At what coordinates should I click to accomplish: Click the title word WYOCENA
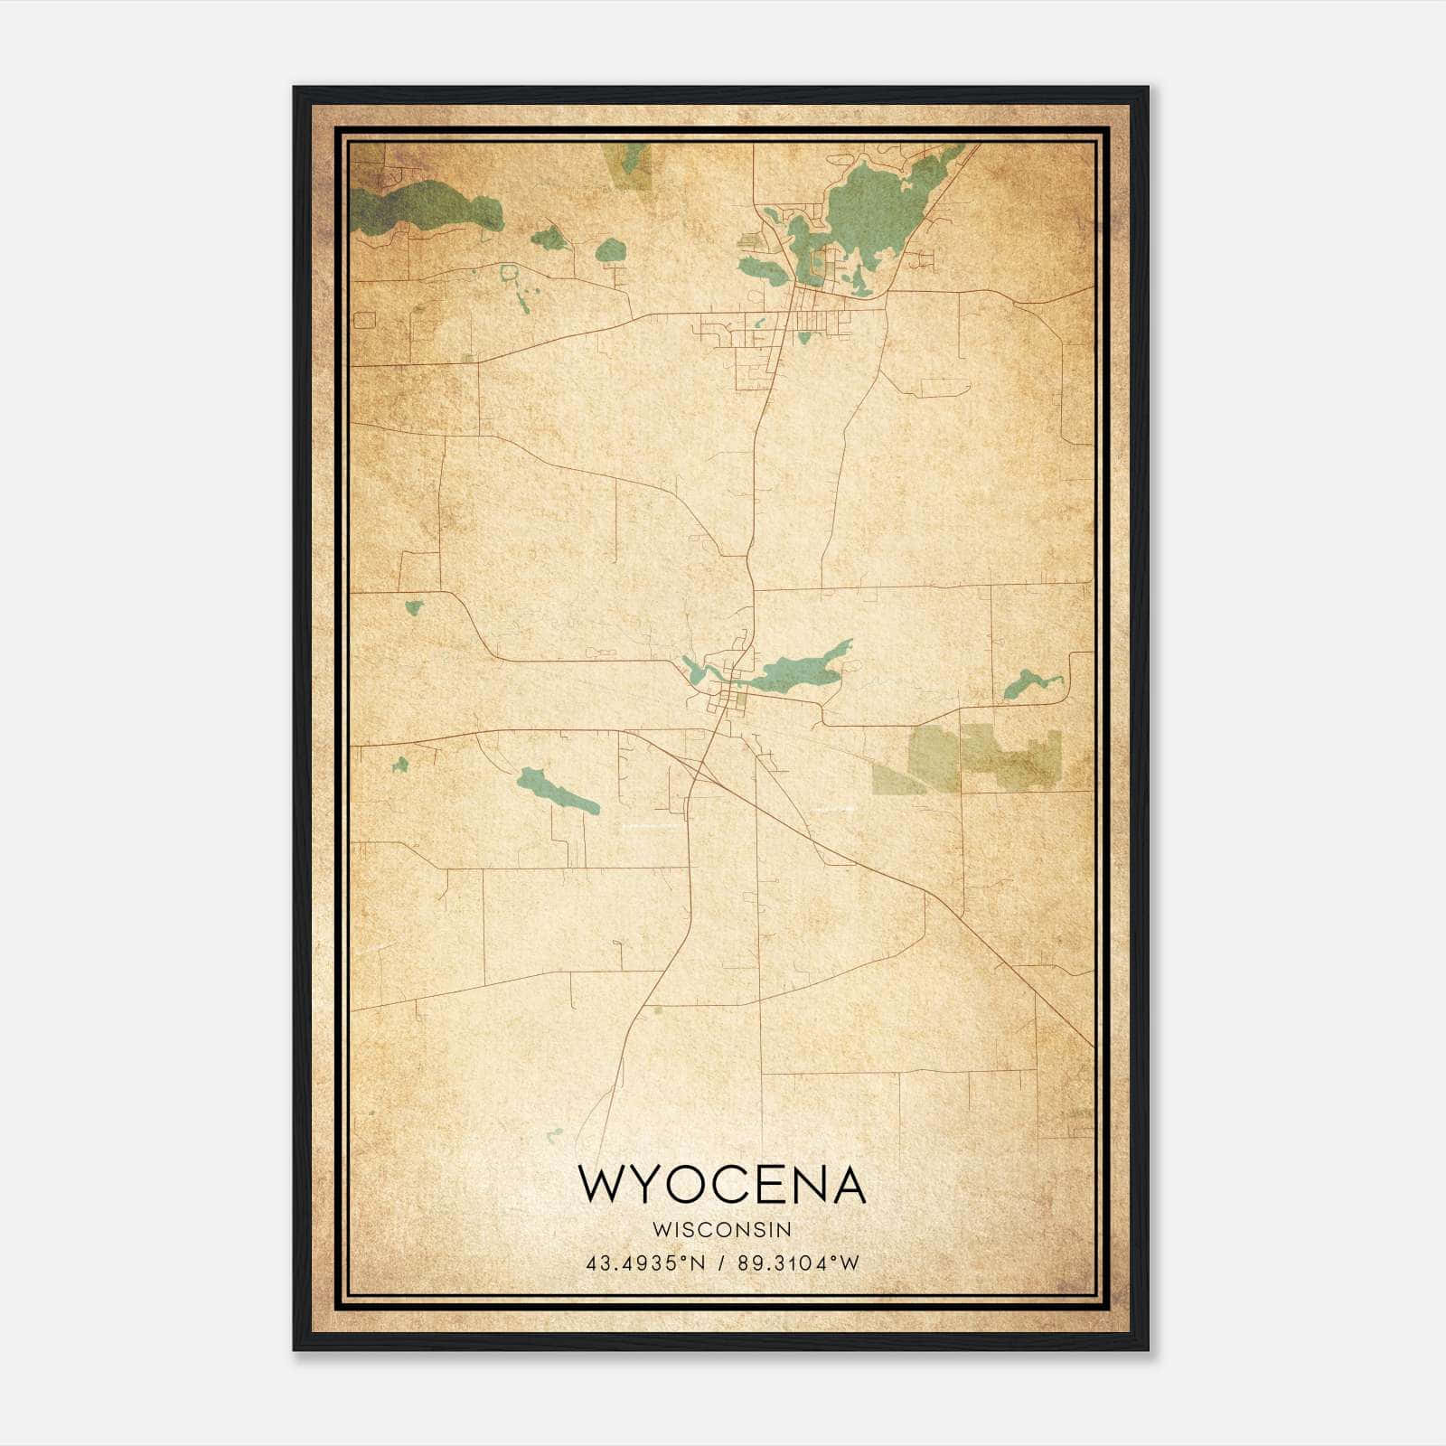coord(721,1185)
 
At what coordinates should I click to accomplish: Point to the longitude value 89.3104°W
coord(798,1263)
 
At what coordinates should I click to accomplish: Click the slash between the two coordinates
coord(720,1263)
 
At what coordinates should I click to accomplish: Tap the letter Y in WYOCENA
coord(651,1185)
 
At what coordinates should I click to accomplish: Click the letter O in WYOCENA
coord(695,1185)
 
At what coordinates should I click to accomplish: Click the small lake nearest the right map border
coord(1023,684)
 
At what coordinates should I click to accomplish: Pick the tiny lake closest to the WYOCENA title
coord(555,1132)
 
